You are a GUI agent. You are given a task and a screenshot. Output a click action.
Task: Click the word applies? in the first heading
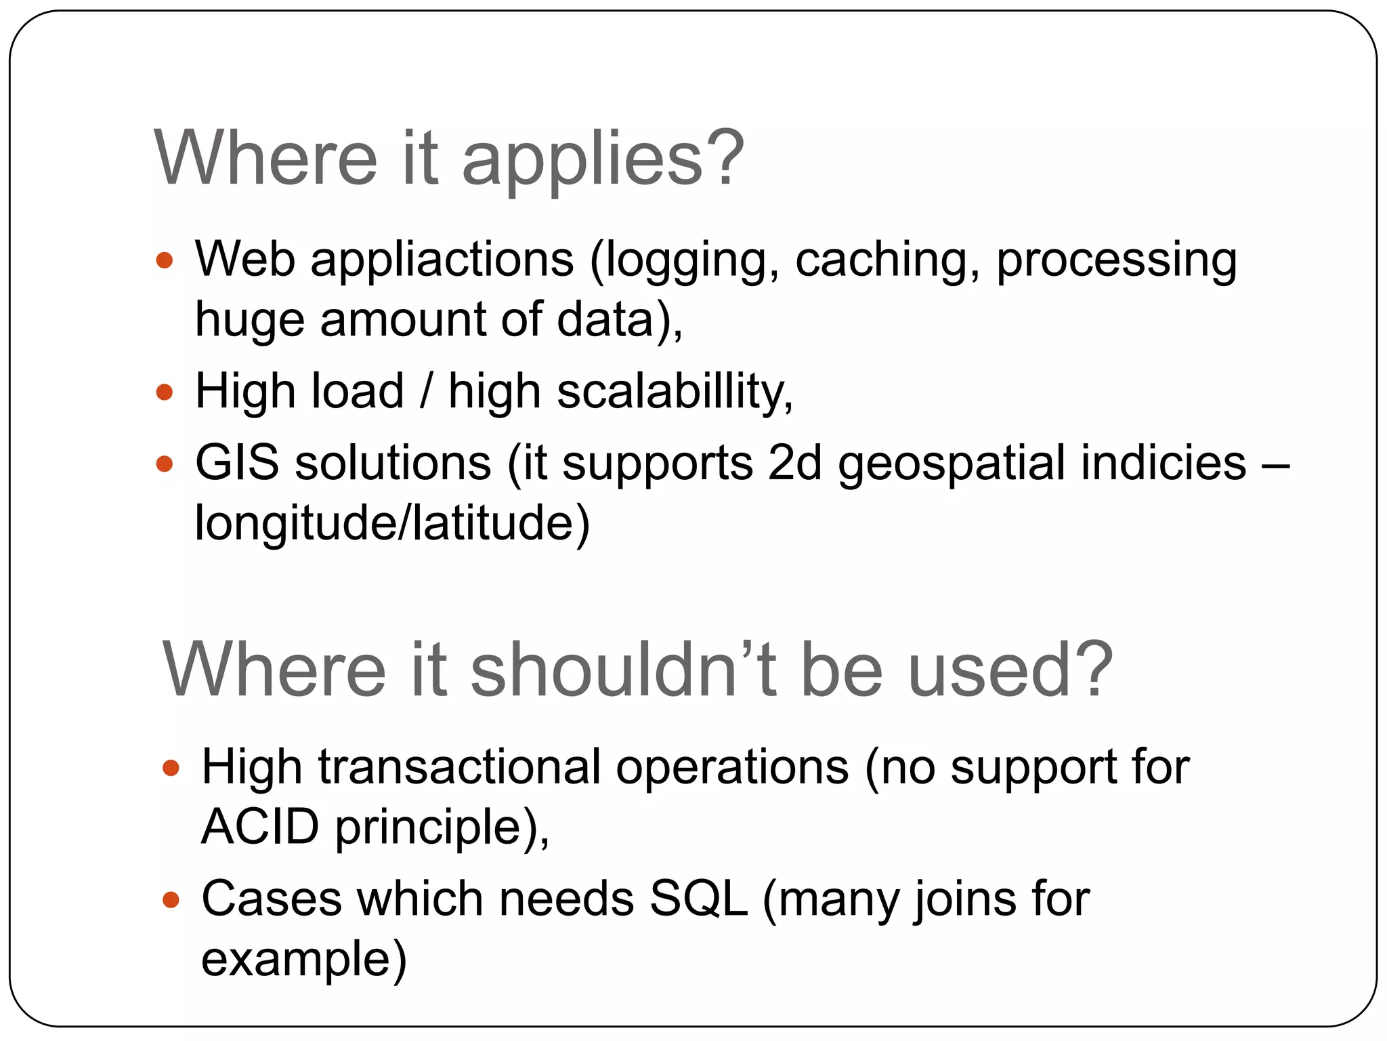[603, 160]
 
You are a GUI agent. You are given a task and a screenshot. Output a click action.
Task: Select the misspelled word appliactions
[442, 260]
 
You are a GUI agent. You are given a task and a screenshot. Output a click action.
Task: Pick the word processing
[1116, 260]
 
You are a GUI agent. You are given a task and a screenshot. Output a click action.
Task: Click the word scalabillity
[675, 392]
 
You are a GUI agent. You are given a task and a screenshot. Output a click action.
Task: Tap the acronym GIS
[237, 463]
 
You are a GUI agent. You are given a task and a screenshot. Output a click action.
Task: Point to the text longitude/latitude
[391, 523]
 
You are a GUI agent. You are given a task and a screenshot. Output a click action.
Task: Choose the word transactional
[459, 767]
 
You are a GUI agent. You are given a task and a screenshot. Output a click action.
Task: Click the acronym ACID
[260, 827]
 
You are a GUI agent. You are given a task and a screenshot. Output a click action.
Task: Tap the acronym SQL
[698, 899]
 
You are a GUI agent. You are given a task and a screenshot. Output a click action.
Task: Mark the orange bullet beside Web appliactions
[165, 260]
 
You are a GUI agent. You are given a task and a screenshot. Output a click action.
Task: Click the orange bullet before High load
[165, 392]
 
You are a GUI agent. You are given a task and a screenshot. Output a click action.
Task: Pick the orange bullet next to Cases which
[171, 900]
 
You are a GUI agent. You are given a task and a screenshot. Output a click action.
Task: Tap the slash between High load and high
[425, 392]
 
